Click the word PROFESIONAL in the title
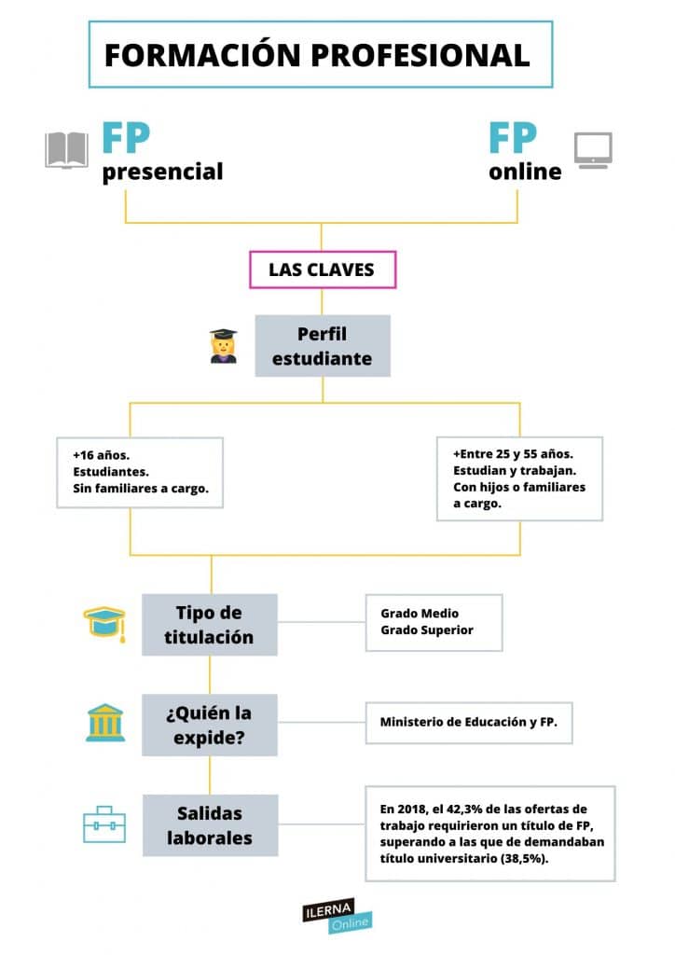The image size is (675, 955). pyautogui.click(x=420, y=55)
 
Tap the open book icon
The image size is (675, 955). pyautogui.click(x=66, y=149)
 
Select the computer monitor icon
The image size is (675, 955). pyautogui.click(x=593, y=150)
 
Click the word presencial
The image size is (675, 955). pyautogui.click(x=162, y=172)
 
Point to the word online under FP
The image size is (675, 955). pyautogui.click(x=525, y=172)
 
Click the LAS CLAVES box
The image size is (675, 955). pyautogui.click(x=322, y=270)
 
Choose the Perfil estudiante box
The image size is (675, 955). pyautogui.click(x=322, y=346)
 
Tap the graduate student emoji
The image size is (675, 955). pyautogui.click(x=224, y=346)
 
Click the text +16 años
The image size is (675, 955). pyautogui.click(x=101, y=455)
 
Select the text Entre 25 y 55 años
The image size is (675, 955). pyautogui.click(x=517, y=454)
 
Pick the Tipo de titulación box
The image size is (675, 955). pyautogui.click(x=210, y=625)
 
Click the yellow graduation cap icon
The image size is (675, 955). pyautogui.click(x=104, y=624)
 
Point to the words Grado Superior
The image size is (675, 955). pyautogui.click(x=427, y=630)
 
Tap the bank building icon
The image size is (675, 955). pyautogui.click(x=105, y=723)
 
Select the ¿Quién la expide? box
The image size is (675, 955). pyautogui.click(x=210, y=725)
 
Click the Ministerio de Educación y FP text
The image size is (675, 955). pyautogui.click(x=468, y=722)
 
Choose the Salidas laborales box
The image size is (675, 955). pyautogui.click(x=210, y=825)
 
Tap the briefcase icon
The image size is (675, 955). pyautogui.click(x=104, y=824)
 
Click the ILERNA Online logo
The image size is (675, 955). pyautogui.click(x=337, y=916)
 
